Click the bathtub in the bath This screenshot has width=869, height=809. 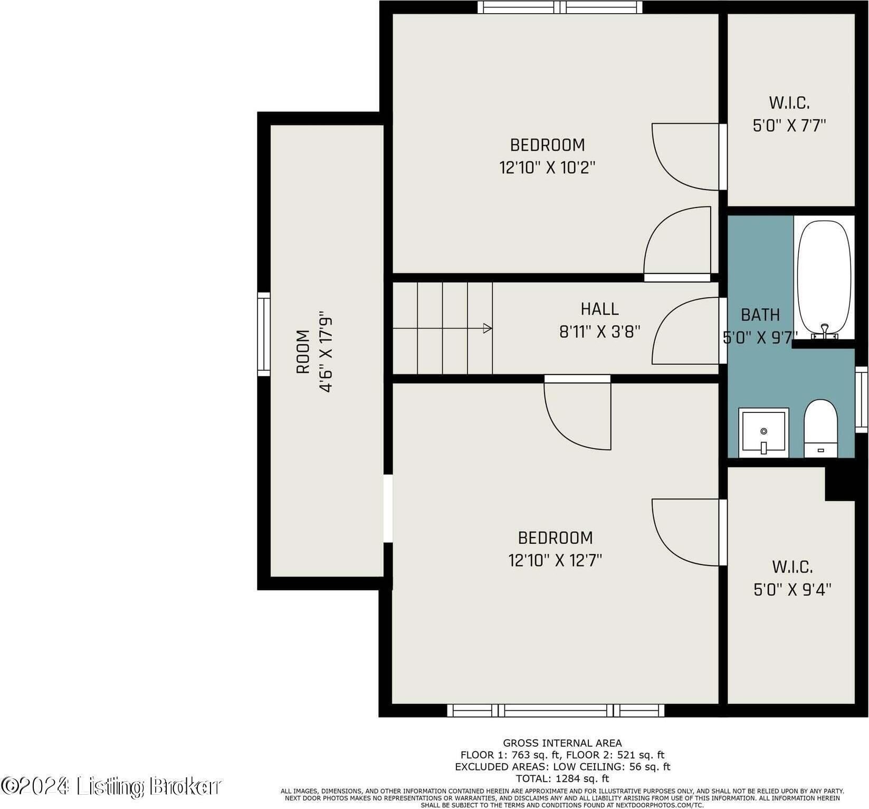click(824, 278)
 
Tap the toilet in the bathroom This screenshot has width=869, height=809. click(820, 428)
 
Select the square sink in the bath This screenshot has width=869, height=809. click(763, 432)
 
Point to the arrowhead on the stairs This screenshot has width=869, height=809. click(488, 328)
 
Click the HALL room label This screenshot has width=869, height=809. click(599, 309)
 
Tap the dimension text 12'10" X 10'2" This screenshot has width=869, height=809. click(547, 168)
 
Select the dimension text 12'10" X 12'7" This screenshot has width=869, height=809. click(555, 560)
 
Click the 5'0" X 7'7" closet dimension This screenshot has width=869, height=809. click(789, 126)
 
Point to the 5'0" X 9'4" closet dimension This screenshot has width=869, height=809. click(792, 589)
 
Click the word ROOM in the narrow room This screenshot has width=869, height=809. click(303, 352)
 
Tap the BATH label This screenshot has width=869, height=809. click(760, 315)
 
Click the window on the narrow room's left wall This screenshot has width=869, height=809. click(263, 334)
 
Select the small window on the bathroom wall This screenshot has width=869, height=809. click(861, 399)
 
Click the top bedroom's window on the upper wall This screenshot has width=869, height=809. click(560, 7)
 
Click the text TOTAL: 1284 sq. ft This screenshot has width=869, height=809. click(562, 778)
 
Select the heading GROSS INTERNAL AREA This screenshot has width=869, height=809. click(562, 743)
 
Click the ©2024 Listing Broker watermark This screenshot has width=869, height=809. click(111, 786)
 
